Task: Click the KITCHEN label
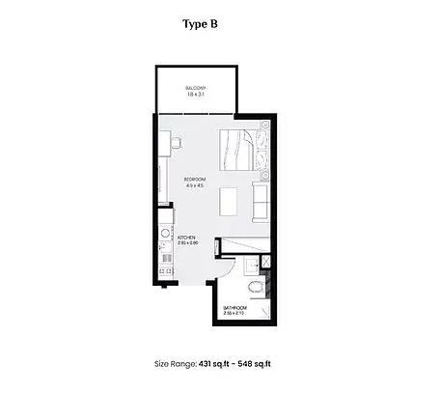click(186, 238)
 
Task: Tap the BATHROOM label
click(234, 308)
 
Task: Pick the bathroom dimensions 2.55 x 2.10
click(234, 314)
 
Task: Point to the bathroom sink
click(264, 263)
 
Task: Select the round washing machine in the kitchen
click(165, 234)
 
